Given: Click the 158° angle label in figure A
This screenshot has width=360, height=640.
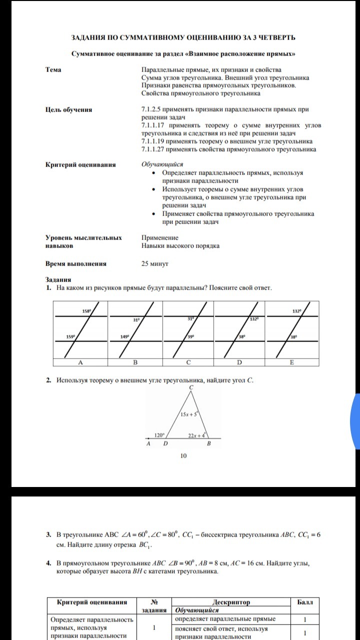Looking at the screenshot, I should pos(86,311).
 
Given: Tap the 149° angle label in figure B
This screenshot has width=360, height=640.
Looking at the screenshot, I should pos(125,336).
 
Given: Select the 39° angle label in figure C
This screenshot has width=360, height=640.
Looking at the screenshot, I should pos(191,336).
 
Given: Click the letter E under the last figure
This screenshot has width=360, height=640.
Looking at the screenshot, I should pos(292,362).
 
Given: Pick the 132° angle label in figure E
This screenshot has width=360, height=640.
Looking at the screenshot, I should pos(297,311).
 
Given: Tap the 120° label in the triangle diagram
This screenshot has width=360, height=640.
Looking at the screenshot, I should pos(159,435).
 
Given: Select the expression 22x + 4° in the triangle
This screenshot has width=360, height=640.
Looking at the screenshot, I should pos(195,435).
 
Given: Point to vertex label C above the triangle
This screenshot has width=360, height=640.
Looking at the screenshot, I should pos(191,387).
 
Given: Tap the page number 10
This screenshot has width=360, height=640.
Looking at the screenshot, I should pos(183,455).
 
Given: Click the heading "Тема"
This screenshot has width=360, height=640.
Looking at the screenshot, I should pos(53,69).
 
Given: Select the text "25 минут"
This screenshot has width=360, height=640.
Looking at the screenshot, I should pos(155,263).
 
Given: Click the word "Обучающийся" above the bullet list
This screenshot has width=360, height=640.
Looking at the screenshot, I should pos(162,164).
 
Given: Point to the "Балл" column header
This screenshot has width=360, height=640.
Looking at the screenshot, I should pos(305,602).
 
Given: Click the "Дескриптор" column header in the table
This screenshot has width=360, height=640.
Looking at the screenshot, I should pos(231,602).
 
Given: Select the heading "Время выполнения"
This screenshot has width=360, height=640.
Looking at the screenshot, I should pos(76,263).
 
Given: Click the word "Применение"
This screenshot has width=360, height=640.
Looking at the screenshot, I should pos(160,237).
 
